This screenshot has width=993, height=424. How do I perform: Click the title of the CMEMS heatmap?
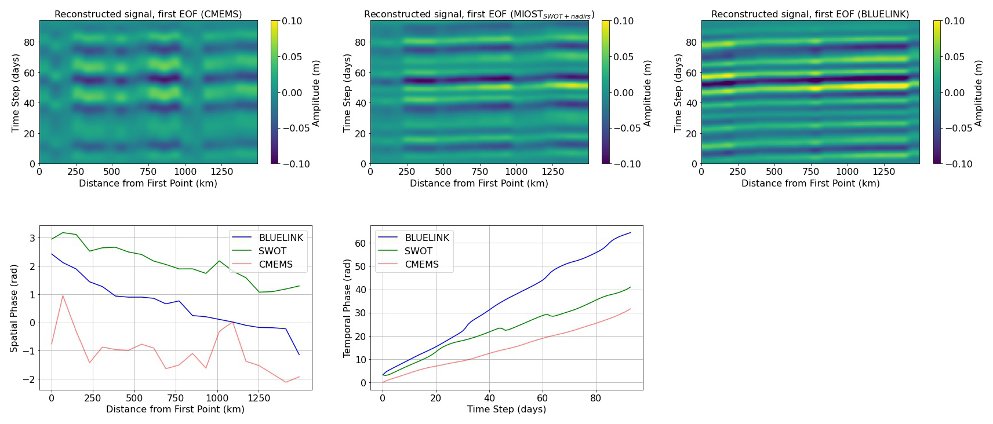[148, 14]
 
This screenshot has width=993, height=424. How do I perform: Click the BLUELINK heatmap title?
[810, 14]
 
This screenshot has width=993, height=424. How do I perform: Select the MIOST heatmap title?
[479, 14]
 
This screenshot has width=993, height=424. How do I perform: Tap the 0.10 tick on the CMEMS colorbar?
[292, 21]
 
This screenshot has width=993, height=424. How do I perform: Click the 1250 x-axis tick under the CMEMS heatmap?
[221, 171]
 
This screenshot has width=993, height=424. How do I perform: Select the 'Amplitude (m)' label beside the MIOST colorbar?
[648, 93]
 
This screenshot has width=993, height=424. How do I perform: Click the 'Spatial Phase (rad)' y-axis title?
[14, 308]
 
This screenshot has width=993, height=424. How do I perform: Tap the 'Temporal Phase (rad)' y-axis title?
[347, 308]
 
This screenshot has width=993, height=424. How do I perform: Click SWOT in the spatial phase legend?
[272, 251]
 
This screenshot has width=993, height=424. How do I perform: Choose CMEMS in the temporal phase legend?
[421, 264]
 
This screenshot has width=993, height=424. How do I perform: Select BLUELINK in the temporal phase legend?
[427, 237]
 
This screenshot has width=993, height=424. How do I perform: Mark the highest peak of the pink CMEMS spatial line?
[63, 296]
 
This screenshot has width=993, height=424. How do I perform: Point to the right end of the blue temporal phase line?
[630, 233]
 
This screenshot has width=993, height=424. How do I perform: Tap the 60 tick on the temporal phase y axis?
[361, 243]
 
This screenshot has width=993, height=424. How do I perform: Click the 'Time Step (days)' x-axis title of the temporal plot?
[507, 409]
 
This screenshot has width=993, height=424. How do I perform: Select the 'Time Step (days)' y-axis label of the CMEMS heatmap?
[16, 93]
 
